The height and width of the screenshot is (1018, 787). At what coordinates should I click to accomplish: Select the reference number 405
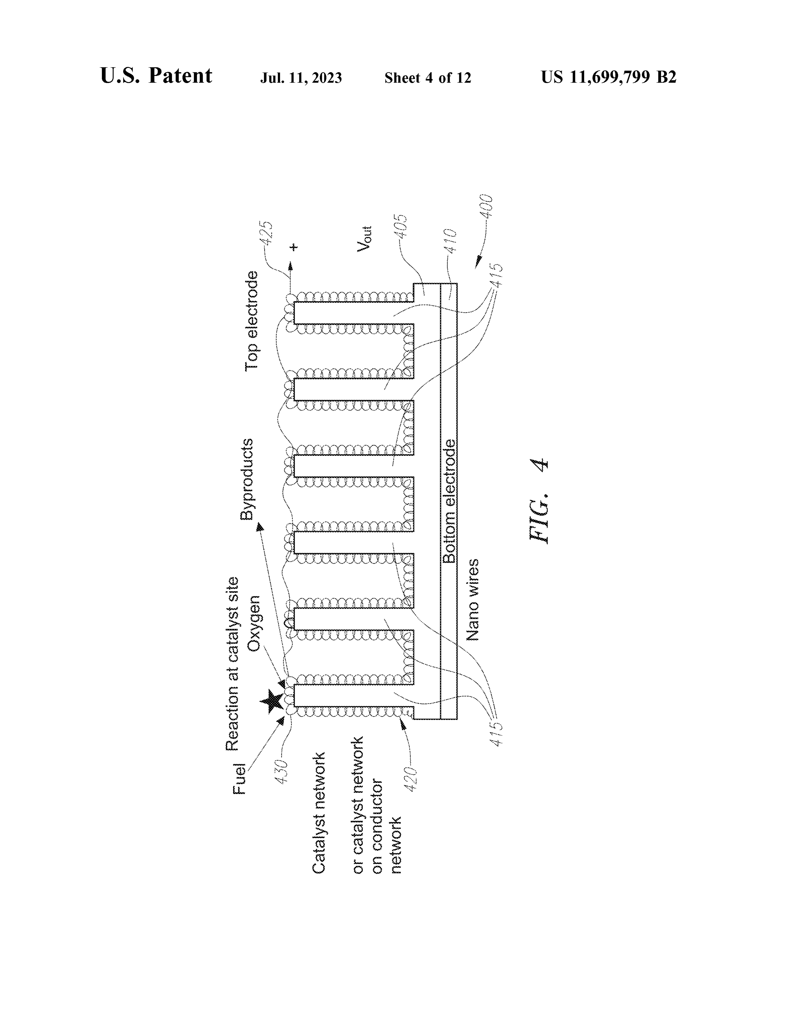(x=401, y=226)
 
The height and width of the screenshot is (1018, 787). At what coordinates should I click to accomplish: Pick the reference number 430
(x=281, y=772)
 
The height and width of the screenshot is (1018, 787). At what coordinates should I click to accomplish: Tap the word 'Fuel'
(x=239, y=778)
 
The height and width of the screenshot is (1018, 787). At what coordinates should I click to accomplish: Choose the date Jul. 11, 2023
(x=301, y=78)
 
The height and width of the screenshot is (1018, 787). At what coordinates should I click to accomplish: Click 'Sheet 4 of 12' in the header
(x=428, y=78)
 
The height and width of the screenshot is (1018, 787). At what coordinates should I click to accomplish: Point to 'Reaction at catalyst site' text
(x=232, y=664)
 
